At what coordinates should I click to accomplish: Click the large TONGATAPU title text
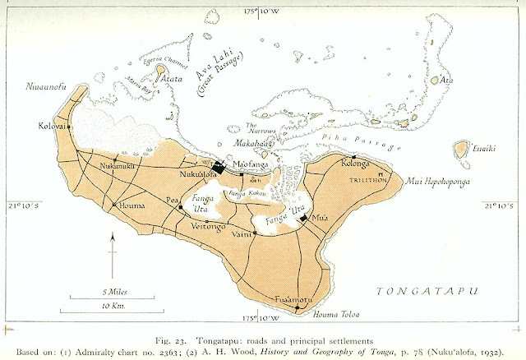pyautogui.click(x=429, y=290)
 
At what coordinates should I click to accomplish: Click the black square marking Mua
pyautogui.click(x=304, y=218)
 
